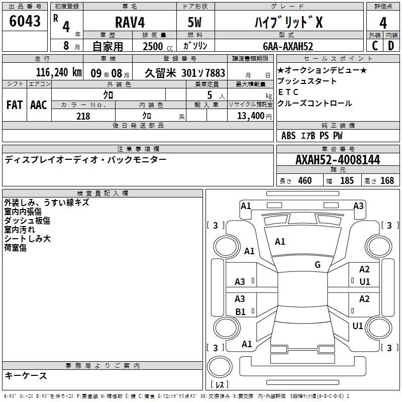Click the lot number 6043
click(x=25, y=21)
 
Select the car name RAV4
click(x=130, y=22)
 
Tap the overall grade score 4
click(x=383, y=23)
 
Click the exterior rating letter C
click(x=375, y=46)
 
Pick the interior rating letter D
click(x=391, y=46)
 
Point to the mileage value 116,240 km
click(x=59, y=72)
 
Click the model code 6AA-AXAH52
click(x=288, y=46)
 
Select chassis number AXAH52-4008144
click(x=338, y=160)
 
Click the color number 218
click(x=83, y=116)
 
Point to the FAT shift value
click(x=15, y=105)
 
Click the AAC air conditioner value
click(x=39, y=105)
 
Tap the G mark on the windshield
click(x=318, y=265)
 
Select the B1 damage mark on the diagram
click(x=241, y=312)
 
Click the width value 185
click(x=347, y=180)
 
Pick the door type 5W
click(x=194, y=22)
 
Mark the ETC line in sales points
click(x=288, y=92)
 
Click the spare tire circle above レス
click(x=220, y=367)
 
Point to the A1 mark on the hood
click(x=280, y=242)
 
